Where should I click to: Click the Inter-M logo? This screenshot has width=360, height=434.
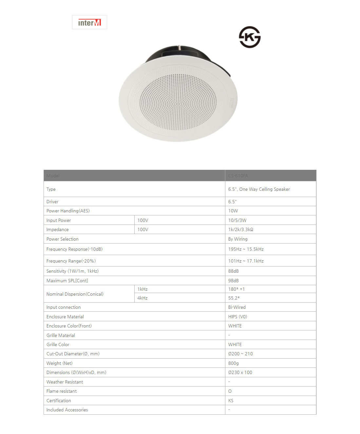[89, 22]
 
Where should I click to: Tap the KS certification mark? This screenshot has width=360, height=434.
[250, 37]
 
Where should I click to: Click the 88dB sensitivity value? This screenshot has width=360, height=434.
[234, 271]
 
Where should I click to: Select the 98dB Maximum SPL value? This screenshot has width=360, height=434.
[234, 281]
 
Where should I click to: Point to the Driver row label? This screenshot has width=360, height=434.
[52, 202]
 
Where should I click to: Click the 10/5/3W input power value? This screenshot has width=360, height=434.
[237, 220]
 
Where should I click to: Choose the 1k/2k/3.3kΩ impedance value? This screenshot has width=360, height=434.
[240, 229]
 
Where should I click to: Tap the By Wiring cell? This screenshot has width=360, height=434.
[238, 239]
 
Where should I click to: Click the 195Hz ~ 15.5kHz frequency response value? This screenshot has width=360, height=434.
[246, 249]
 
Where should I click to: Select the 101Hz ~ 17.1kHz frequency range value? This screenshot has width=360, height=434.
[246, 261]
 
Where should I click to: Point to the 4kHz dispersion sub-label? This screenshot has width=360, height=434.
[142, 298]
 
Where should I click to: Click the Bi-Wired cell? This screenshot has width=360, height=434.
[237, 307]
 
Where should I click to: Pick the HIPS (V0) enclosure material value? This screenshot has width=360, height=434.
[237, 317]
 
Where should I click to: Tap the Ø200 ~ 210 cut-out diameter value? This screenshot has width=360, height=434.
[240, 354]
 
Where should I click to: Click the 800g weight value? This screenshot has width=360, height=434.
[234, 363]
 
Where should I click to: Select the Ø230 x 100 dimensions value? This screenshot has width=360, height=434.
[240, 372]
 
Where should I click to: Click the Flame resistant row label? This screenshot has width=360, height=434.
[62, 391]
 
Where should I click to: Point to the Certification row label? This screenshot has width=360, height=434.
[59, 401]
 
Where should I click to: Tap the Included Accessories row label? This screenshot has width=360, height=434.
[67, 410]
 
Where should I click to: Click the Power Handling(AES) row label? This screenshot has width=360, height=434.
[68, 211]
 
